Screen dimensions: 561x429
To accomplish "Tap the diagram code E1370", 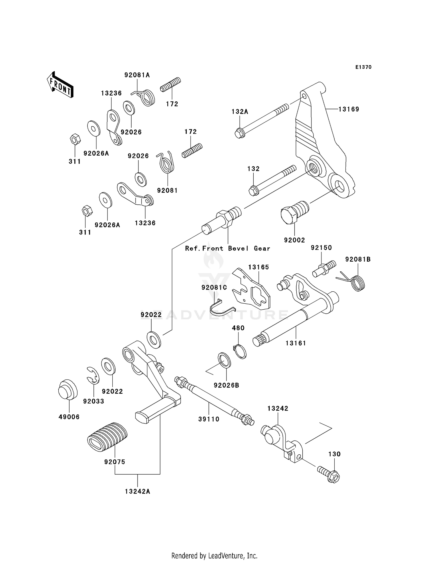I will point(363,67).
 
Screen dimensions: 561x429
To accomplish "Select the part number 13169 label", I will point(349,109).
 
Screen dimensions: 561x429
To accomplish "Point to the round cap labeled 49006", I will point(68,389).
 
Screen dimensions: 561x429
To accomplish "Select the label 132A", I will point(240,112).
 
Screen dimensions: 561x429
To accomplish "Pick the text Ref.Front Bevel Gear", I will point(228,248).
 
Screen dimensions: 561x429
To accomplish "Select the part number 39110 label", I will point(209,419).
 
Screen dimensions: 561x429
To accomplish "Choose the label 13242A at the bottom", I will point(138,492).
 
